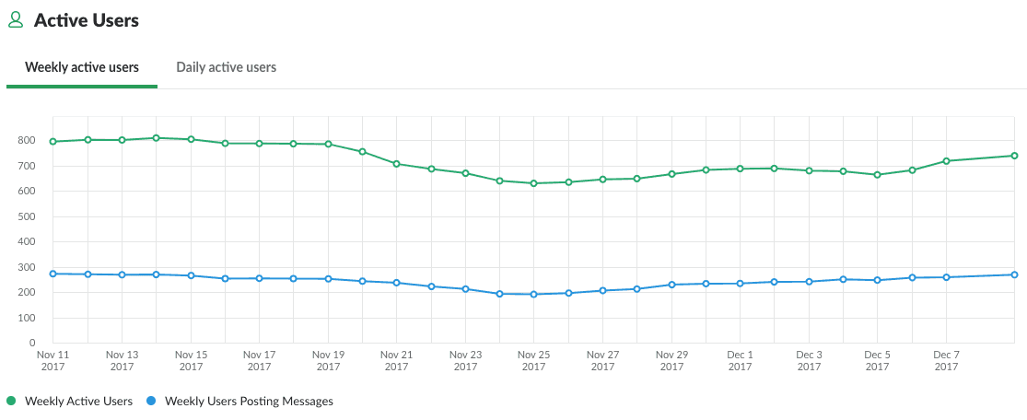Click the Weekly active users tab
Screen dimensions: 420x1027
[82, 67]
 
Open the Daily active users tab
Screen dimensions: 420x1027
[227, 67]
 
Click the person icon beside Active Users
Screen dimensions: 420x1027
[16, 19]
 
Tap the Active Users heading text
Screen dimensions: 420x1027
[87, 19]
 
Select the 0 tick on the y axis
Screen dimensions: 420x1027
[32, 344]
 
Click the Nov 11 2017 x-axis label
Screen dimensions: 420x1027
[53, 360]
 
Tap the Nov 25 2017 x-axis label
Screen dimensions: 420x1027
[534, 360]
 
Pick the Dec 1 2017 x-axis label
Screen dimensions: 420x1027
[740, 360]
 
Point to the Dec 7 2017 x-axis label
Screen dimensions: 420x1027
[946, 360]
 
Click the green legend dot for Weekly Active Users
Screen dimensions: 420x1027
[12, 401]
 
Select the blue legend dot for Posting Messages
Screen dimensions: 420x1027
[151, 401]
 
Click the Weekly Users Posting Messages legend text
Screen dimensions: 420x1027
[249, 401]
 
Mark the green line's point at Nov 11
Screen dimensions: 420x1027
[53, 142]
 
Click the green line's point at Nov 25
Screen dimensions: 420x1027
[534, 183]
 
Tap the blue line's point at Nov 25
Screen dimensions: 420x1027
[534, 295]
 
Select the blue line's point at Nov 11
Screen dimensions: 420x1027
[53, 274]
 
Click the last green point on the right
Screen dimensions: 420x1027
[1014, 156]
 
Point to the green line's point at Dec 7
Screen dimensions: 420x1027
[946, 161]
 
